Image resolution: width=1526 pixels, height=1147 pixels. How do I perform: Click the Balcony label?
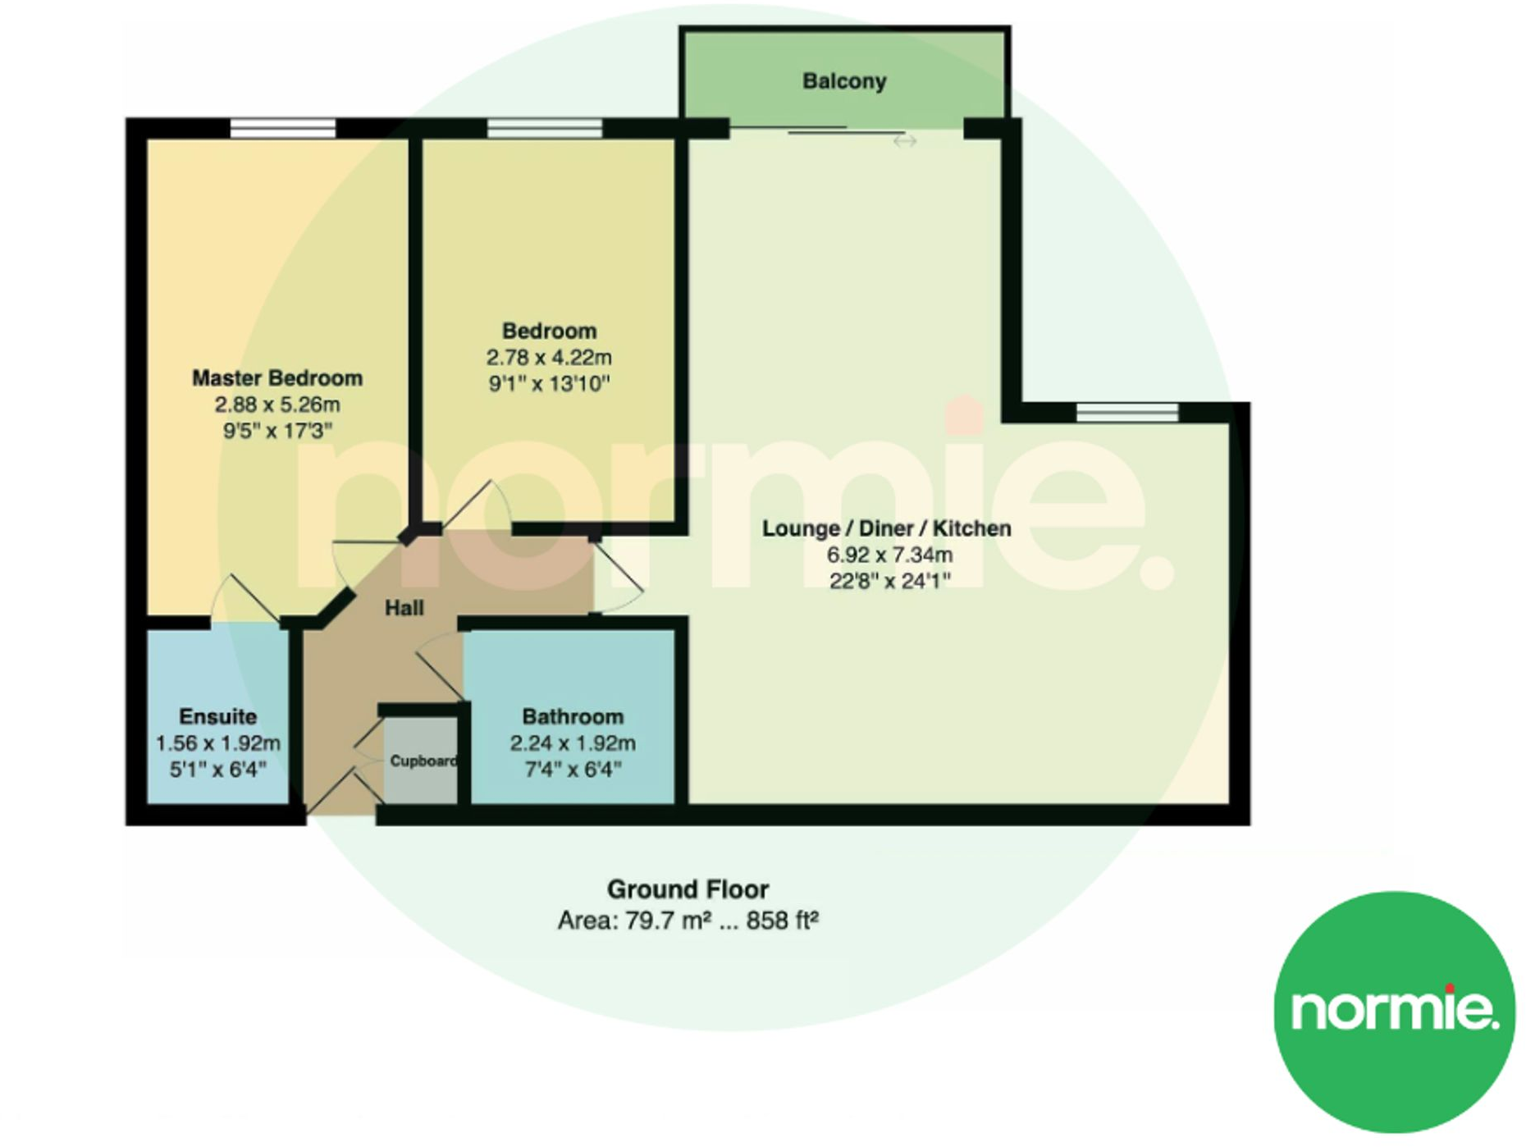pos(844,81)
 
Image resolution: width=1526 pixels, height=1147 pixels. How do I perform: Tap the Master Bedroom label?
pos(277,378)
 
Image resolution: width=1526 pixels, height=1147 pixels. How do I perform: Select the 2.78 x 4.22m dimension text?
pos(549,358)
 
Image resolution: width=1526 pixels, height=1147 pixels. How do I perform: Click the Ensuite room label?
pos(217,716)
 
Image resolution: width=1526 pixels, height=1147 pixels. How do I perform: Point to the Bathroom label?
pos(573,716)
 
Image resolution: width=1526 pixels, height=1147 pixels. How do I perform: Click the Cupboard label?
pos(423,761)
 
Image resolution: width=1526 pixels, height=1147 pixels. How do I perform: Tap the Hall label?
pos(404,608)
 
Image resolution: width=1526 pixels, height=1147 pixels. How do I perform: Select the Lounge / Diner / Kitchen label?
pos(886,528)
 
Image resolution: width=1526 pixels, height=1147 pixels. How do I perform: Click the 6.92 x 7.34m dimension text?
pos(889,555)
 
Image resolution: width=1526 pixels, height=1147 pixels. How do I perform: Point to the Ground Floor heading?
pos(688,889)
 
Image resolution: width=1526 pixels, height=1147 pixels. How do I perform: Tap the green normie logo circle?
pos(1394,1012)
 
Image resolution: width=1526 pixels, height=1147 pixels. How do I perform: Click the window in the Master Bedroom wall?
pos(283,128)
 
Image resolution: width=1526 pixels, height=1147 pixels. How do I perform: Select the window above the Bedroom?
pos(544,128)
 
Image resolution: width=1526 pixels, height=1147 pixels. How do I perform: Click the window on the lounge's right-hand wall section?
pos(1127,412)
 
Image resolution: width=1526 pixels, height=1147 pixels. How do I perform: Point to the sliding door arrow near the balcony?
pos(904,142)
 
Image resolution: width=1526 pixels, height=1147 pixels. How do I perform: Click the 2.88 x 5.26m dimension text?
pos(277,404)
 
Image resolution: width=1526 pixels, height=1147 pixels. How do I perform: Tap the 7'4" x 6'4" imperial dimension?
pos(573,770)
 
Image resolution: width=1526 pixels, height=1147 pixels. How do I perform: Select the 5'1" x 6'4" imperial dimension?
pos(217,770)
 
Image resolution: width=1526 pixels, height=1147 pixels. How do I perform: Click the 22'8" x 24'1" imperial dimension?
pos(889,581)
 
